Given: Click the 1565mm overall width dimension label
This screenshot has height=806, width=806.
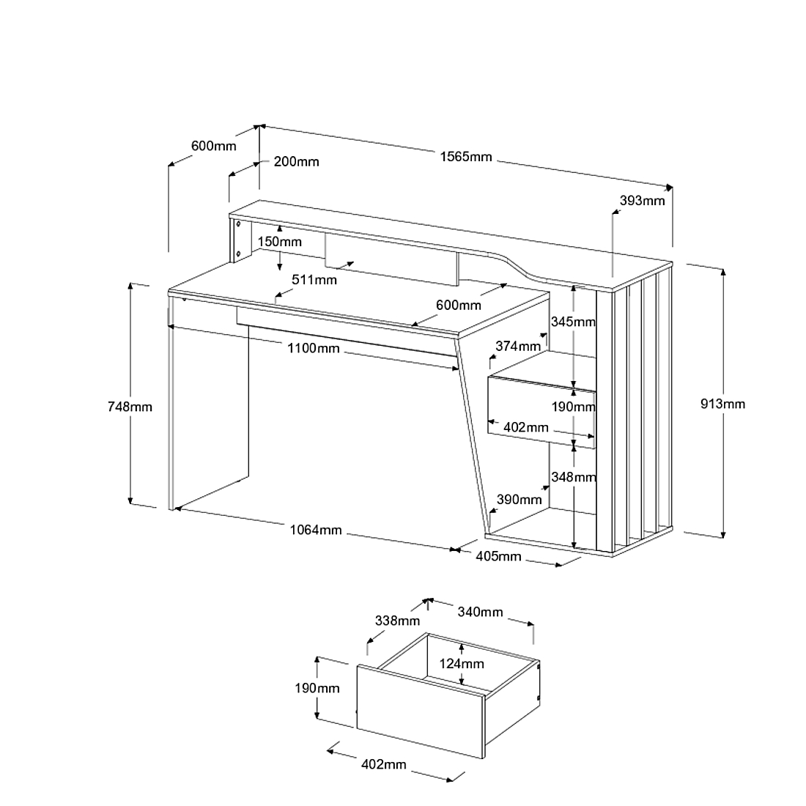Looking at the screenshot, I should tap(466, 157).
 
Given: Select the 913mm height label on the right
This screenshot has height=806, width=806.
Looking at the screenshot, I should tap(722, 404).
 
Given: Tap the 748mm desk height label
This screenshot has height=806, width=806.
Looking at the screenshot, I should tap(130, 406).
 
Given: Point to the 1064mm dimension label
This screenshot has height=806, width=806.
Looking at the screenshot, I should tap(315, 530).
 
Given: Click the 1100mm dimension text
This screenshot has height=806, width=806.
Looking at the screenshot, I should tap(313, 348).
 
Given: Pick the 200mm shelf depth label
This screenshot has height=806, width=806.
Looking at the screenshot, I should tap(296, 161).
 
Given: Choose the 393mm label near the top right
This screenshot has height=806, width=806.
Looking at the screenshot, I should tap(642, 200).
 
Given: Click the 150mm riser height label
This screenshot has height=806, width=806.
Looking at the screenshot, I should tap(279, 242).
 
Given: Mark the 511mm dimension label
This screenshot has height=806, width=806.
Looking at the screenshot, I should tap(314, 279).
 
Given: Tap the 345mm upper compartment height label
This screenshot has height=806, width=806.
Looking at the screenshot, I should tap(573, 321).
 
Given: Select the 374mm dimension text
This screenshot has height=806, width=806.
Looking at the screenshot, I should tap(518, 345).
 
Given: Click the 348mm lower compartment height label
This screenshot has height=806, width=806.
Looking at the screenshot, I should tap(574, 477).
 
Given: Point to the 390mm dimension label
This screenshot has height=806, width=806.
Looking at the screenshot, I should tap(520, 500).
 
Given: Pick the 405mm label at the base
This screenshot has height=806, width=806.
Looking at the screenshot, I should tap(498, 556).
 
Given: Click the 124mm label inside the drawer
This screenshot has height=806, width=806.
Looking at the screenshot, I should tap(462, 664).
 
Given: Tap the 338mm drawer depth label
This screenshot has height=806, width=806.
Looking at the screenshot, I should tap(397, 621).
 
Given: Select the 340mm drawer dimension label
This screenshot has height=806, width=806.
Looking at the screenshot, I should tap(480, 611).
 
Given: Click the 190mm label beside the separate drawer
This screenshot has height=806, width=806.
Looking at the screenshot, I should tap(317, 688).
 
